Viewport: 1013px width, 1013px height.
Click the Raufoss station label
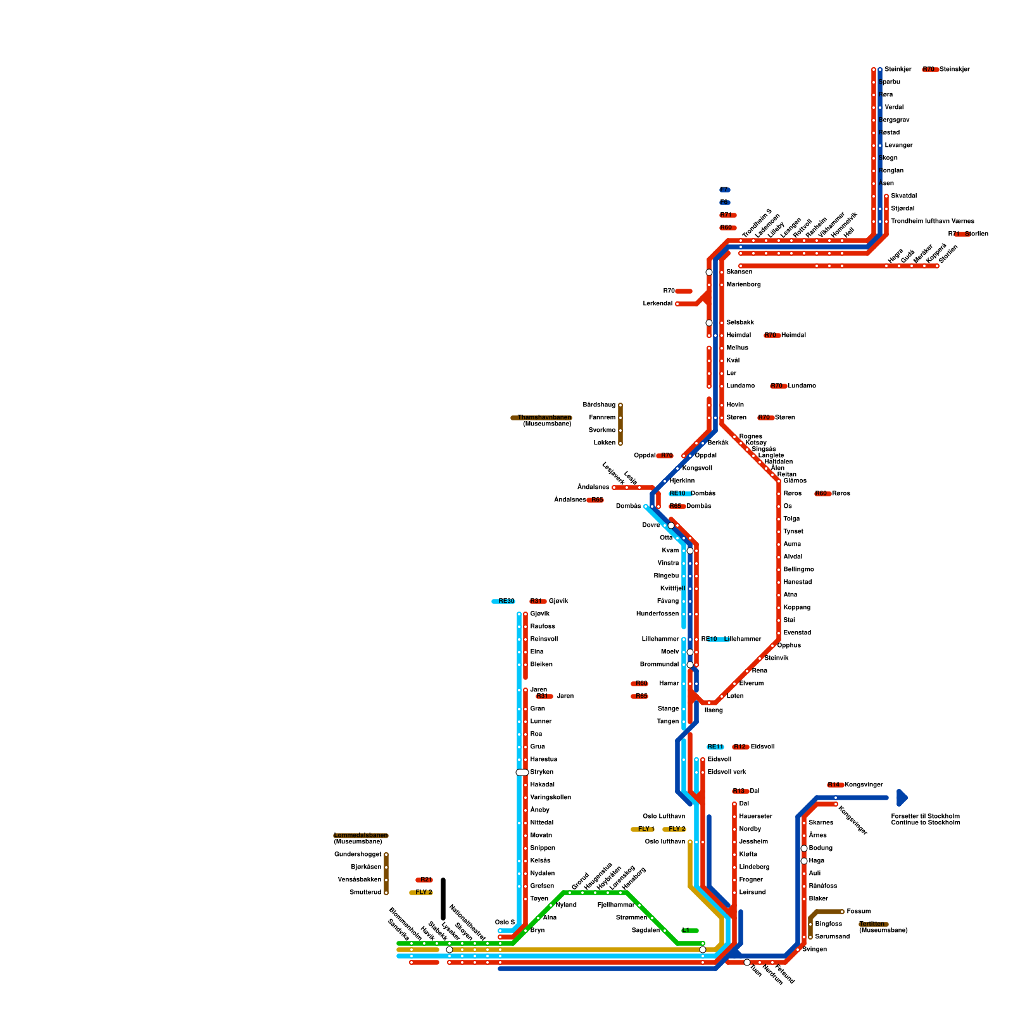pyautogui.click(x=543, y=626)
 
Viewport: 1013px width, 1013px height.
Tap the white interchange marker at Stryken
pyautogui.click(x=522, y=772)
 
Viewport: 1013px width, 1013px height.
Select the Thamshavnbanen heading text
pyautogui.click(x=544, y=418)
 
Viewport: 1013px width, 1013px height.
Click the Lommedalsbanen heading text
pyautogui.click(x=361, y=836)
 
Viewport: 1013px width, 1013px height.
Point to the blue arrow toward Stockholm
pyautogui.click(x=902, y=798)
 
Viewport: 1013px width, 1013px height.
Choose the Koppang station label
pyautogui.click(x=796, y=607)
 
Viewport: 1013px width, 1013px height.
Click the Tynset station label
pyautogui.click(x=793, y=531)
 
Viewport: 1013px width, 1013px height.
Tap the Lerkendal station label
pyautogui.click(x=658, y=304)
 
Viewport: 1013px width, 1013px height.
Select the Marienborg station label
pyautogui.click(x=743, y=284)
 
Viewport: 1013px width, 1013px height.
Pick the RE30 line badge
pyautogui.click(x=505, y=601)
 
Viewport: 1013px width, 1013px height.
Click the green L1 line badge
pyautogui.click(x=689, y=931)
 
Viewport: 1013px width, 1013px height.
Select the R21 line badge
pyautogui.click(x=425, y=880)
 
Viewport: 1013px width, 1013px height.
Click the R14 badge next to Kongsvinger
pyautogui.click(x=834, y=785)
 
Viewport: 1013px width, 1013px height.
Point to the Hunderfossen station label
pyautogui.click(x=657, y=613)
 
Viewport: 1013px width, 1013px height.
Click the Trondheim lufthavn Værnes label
pyautogui.click(x=932, y=221)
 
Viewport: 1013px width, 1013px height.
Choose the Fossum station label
pyautogui.click(x=859, y=912)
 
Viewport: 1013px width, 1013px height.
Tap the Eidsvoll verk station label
pyautogui.click(x=727, y=772)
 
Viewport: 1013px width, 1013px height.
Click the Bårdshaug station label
pyautogui.click(x=599, y=405)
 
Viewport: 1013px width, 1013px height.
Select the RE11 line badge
pyautogui.click(x=715, y=747)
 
